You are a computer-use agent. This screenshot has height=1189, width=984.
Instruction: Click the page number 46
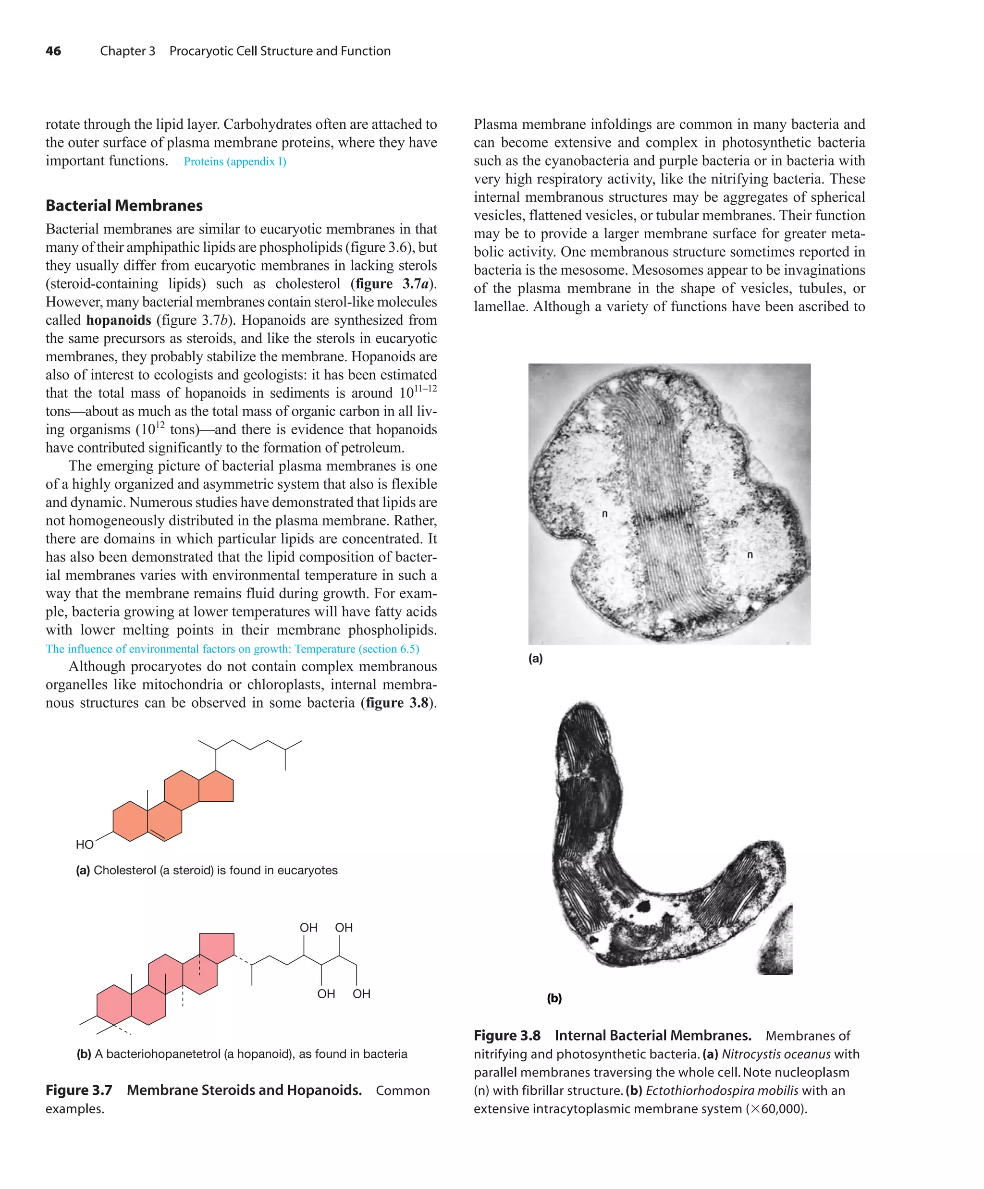(53, 51)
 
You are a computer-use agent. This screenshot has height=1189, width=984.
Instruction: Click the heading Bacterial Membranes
(124, 206)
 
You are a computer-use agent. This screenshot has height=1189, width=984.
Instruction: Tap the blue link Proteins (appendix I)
(235, 162)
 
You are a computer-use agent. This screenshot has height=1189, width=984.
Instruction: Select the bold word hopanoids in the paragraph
(118, 320)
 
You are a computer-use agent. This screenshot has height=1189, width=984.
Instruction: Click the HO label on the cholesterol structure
(85, 845)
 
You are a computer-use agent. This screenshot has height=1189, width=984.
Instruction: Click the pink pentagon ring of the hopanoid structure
(217, 947)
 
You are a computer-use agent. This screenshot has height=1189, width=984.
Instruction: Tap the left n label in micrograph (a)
(604, 514)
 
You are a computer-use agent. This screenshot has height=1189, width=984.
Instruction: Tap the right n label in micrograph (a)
(750, 555)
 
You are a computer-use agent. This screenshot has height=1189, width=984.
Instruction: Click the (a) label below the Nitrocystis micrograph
(535, 659)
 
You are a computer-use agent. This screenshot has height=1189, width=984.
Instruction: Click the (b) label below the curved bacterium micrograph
(554, 998)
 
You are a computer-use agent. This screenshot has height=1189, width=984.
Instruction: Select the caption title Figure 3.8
(507, 1036)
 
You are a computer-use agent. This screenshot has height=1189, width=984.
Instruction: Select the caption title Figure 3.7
(79, 1091)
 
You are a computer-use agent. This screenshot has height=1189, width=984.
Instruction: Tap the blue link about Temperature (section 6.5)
(232, 649)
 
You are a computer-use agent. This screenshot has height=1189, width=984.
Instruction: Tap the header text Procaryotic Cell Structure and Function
(280, 51)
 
